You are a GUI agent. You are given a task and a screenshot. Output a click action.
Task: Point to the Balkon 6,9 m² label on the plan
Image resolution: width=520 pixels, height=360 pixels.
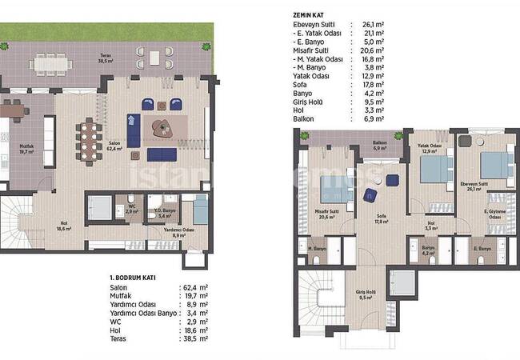(380, 146)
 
